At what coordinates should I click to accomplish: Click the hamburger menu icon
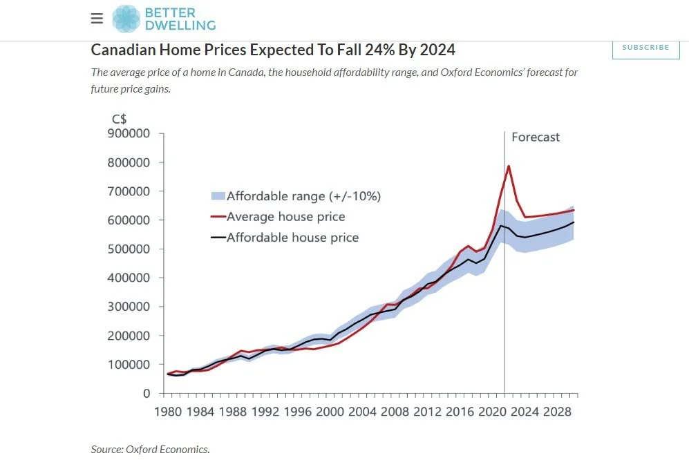tap(97, 19)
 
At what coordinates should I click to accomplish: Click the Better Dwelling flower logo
tap(126, 19)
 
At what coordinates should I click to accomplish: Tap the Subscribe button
tap(645, 48)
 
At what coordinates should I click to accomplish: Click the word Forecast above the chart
tap(536, 137)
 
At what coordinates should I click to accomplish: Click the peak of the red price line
tap(509, 166)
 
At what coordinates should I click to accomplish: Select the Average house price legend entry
tap(286, 217)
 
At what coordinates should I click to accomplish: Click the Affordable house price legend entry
tap(292, 238)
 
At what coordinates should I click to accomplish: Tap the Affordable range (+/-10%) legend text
tap(303, 196)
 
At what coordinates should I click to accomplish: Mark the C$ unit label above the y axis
tap(120, 119)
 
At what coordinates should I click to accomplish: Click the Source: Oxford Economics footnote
tap(150, 449)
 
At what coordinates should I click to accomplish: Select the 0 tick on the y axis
tap(146, 394)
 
